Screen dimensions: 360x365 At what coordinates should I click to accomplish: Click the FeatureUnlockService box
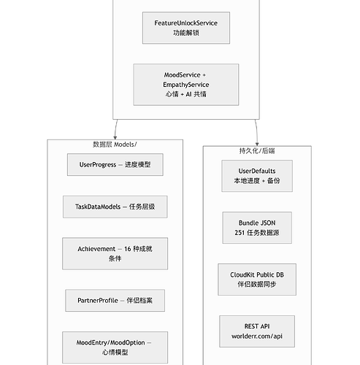(x=186, y=28)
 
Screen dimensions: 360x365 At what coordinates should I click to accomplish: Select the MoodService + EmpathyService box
(x=186, y=85)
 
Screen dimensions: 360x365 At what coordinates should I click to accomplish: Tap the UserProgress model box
(x=115, y=164)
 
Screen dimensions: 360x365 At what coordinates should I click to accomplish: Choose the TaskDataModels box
(x=115, y=207)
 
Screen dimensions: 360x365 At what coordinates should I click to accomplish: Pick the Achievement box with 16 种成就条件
(x=115, y=253)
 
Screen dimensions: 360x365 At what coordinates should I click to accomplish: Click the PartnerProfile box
(x=115, y=301)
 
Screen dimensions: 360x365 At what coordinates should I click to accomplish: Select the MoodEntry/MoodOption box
(x=115, y=347)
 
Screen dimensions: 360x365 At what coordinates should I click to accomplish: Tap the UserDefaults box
(x=257, y=176)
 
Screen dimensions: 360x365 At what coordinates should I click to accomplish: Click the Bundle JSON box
(x=257, y=228)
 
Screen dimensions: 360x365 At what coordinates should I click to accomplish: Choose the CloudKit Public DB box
(x=257, y=280)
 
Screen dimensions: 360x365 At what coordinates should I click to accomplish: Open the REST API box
(x=257, y=331)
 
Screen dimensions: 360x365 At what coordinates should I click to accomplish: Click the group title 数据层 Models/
(x=115, y=145)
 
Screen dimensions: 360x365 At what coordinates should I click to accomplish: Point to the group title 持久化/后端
(x=257, y=150)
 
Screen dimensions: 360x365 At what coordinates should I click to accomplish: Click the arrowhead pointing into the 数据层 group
(x=115, y=138)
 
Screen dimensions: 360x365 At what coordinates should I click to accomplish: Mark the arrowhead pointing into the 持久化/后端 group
(x=257, y=145)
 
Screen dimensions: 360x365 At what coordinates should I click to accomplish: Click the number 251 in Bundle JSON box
(x=240, y=233)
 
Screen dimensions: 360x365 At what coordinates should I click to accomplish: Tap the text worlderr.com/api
(x=257, y=336)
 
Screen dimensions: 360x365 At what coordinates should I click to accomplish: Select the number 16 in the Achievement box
(x=128, y=249)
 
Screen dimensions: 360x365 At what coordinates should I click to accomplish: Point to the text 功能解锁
(x=186, y=33)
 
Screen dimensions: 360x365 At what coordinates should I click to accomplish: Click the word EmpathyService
(x=186, y=85)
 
